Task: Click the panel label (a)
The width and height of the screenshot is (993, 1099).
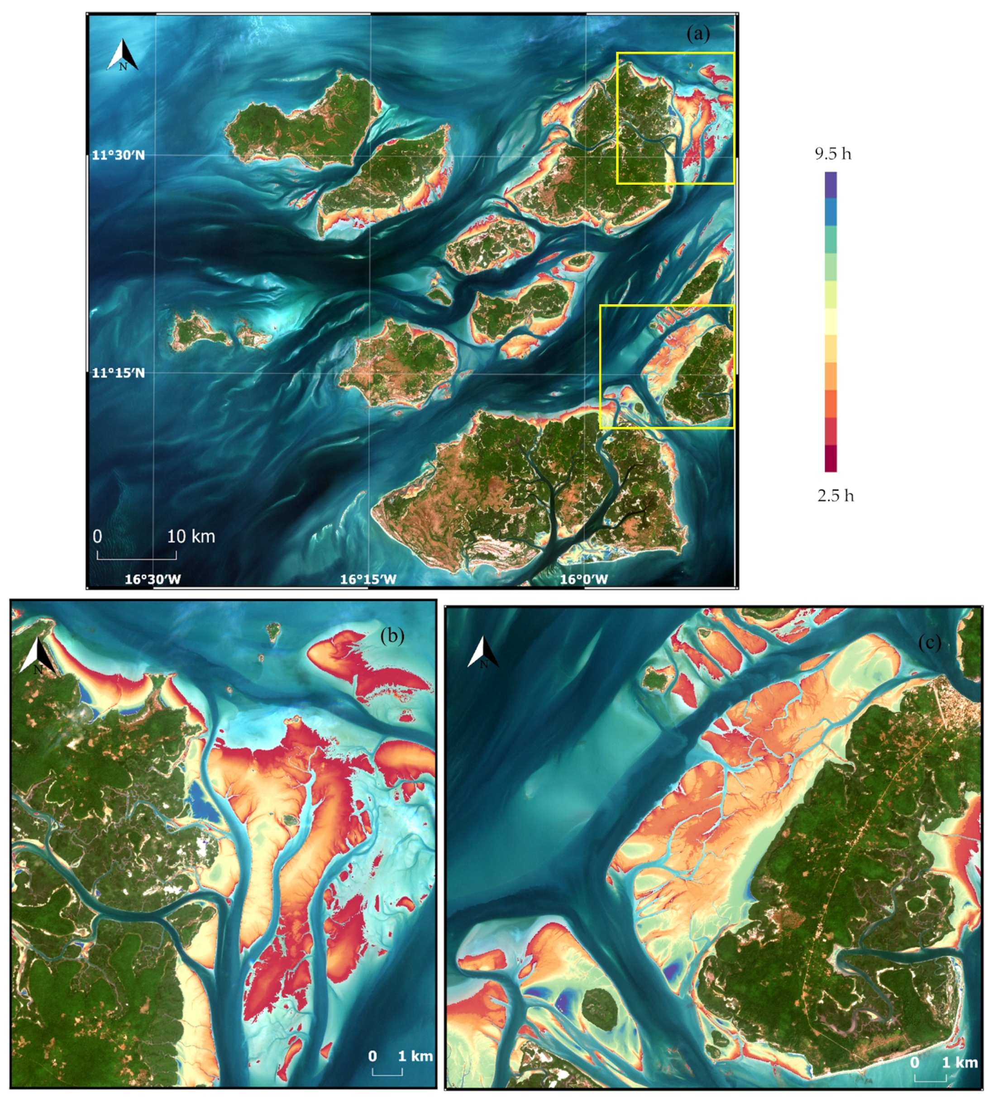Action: [x=698, y=35]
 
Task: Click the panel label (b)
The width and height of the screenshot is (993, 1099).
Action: [x=392, y=636]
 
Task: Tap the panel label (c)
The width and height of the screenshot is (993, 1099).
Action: [x=930, y=643]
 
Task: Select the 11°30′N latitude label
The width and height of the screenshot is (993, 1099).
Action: [x=118, y=155]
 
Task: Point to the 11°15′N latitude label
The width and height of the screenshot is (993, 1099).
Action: [x=118, y=373]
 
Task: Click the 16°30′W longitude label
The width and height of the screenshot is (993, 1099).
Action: [x=153, y=579]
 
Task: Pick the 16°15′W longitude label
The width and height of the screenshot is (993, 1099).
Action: [x=368, y=579]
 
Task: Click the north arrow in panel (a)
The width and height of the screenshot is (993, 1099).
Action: [x=123, y=56]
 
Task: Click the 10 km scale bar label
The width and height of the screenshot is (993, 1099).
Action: [x=191, y=536]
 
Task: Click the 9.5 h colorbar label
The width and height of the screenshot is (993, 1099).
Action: [x=833, y=154]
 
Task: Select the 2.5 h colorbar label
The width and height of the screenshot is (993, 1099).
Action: [x=835, y=496]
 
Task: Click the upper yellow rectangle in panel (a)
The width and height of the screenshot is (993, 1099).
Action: [x=675, y=53]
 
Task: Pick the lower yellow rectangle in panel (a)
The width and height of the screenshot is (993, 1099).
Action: [x=666, y=306]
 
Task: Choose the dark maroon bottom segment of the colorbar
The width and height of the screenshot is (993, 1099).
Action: [x=831, y=459]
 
